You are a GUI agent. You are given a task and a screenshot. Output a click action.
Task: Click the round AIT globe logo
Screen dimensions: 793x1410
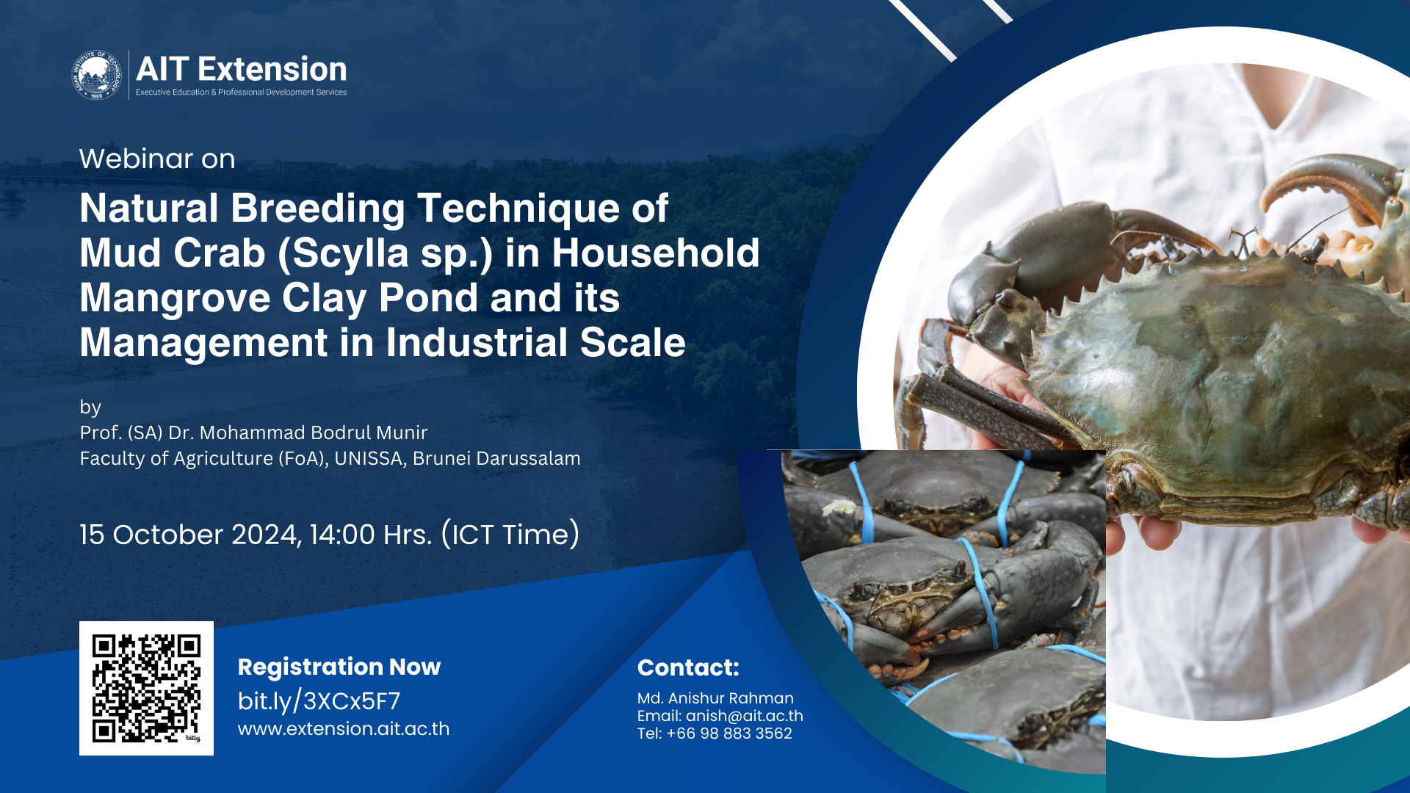(96, 74)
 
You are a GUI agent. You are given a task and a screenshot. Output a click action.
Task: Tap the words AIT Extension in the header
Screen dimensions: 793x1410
(241, 69)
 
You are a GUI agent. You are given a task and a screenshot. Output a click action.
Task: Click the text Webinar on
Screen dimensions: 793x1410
(157, 159)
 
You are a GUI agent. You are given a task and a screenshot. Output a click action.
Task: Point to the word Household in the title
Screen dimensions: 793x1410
(655, 253)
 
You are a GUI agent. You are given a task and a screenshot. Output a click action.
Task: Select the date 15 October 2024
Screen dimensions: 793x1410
(189, 535)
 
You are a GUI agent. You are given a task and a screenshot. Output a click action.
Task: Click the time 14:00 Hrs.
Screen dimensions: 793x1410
(371, 535)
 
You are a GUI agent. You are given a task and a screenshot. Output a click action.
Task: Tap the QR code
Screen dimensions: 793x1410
(146, 688)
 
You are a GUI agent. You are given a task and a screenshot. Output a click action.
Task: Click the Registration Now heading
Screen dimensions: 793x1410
(339, 667)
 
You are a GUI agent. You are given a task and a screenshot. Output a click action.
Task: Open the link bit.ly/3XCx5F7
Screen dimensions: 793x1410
(319, 701)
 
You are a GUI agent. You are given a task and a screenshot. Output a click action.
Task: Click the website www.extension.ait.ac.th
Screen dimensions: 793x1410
(343, 728)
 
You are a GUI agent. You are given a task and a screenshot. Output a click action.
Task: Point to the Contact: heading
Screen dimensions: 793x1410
(688, 667)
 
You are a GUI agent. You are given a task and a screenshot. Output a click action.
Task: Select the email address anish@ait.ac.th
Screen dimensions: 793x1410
(744, 716)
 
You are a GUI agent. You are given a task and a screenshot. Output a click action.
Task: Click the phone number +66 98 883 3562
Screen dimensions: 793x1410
(728, 734)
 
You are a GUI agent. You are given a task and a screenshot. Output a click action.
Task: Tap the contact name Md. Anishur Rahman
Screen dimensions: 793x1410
(715, 698)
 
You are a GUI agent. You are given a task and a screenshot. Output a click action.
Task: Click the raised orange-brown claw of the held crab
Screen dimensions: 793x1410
(1329, 184)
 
